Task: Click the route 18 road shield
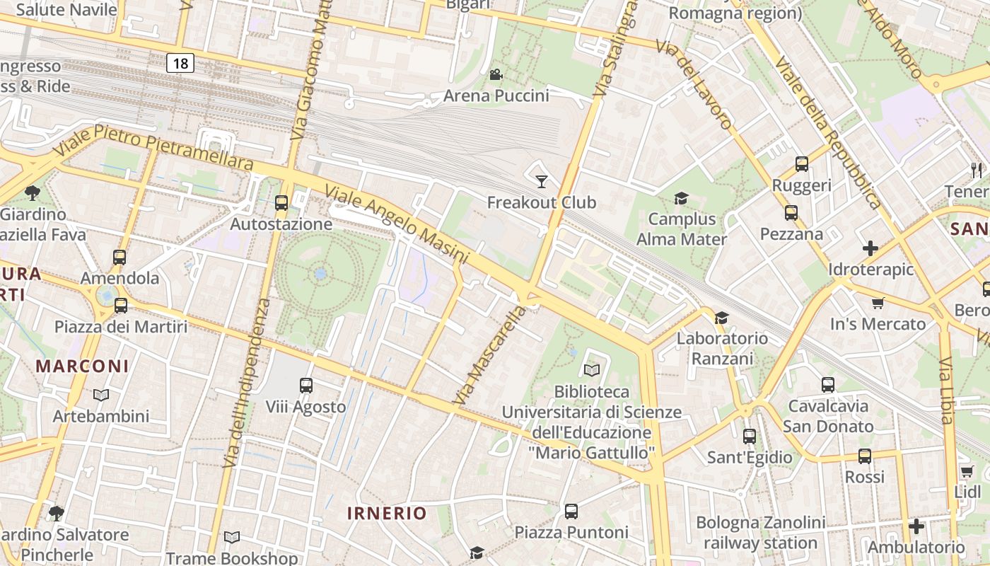[180, 64]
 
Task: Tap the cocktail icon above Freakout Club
[542, 182]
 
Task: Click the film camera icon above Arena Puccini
[496, 75]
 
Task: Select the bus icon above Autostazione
[281, 203]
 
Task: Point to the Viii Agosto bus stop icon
[305, 386]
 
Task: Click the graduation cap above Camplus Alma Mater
[681, 199]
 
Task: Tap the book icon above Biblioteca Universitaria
[592, 370]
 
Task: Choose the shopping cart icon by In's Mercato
[878, 304]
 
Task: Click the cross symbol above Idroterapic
[870, 248]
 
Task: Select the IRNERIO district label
[387, 513]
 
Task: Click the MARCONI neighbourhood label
[83, 366]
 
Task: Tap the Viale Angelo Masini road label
[396, 224]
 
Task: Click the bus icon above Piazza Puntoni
[571, 511]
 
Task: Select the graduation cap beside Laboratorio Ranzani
[721, 318]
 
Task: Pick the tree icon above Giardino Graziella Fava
[32, 192]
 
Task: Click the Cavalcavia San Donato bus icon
[828, 385]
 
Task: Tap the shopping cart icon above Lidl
[967, 471]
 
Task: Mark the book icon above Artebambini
[101, 395]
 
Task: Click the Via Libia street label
[948, 391]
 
